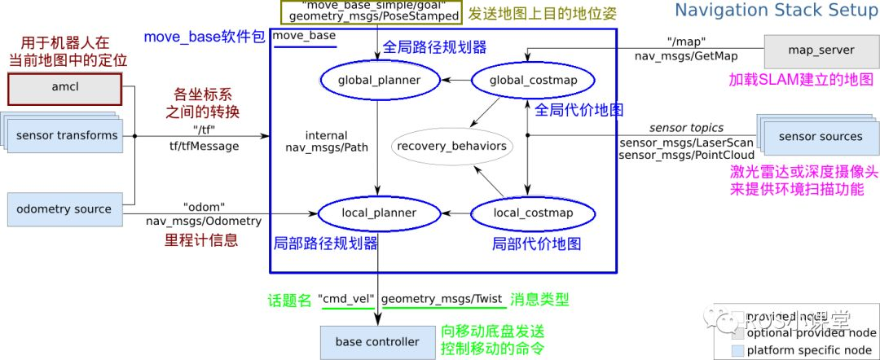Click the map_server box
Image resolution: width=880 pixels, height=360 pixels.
pyautogui.click(x=821, y=50)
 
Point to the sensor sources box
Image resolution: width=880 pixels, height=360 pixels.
pyautogui.click(x=820, y=136)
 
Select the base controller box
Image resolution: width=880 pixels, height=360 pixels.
pyautogui.click(x=377, y=341)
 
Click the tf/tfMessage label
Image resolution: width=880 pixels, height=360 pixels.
pyautogui.click(x=204, y=147)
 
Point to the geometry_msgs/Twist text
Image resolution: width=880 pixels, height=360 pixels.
pyautogui.click(x=442, y=300)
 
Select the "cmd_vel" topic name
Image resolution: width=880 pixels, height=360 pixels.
pyautogui.click(x=346, y=300)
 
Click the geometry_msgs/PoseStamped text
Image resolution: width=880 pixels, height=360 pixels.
pyautogui.click(x=373, y=15)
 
